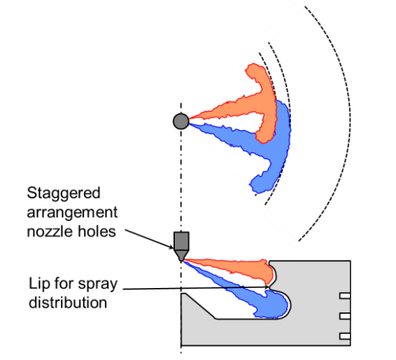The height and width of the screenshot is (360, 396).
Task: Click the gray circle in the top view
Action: [x=181, y=122]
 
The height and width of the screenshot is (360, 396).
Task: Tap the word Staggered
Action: [x=64, y=193]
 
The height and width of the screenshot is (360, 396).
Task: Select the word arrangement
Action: [x=72, y=213]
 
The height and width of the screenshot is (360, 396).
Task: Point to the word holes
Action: [x=97, y=231]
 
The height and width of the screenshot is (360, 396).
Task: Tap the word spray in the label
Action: [x=98, y=285]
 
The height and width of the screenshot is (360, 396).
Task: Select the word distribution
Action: [x=68, y=303]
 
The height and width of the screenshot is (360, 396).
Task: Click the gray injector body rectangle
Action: [x=181, y=241]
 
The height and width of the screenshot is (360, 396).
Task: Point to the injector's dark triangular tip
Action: [x=181, y=256]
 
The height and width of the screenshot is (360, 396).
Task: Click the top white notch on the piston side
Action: [x=345, y=296]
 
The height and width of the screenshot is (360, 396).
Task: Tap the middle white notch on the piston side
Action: [x=345, y=316]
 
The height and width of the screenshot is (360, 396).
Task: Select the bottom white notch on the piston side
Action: [x=345, y=336]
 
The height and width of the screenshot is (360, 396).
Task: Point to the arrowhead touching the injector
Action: [x=171, y=247]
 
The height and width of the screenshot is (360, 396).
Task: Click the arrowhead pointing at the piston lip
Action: [x=267, y=287]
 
